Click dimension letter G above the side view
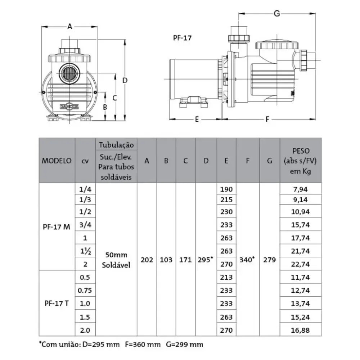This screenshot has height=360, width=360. pyautogui.click(x=276, y=14)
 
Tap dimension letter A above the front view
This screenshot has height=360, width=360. pyautogui.click(x=69, y=27)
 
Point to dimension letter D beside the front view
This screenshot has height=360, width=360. pyautogui.click(x=125, y=80)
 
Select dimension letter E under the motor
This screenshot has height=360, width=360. pyautogui.click(x=197, y=120)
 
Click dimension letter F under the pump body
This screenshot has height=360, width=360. pyautogui.click(x=267, y=120)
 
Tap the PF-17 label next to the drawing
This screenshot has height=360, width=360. pyautogui.click(x=182, y=38)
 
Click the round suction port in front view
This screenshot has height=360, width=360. pyautogui.click(x=69, y=73)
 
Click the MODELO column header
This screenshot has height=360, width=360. pyautogui.click(x=57, y=161)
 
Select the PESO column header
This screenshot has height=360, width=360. pyautogui.click(x=301, y=151)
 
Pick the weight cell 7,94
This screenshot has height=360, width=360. pyautogui.click(x=300, y=189)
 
